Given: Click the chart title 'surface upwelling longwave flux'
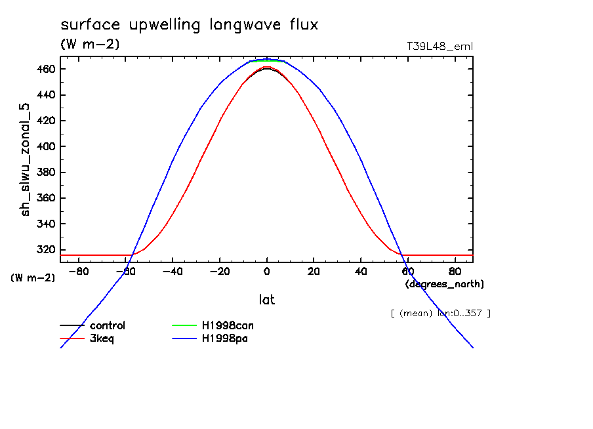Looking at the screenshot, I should point(189,26).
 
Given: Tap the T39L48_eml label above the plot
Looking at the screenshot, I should point(440,47).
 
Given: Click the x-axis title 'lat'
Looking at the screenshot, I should point(267,300).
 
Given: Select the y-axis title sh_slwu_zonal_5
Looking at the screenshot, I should point(26,165).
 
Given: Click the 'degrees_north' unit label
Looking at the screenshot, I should point(445,284).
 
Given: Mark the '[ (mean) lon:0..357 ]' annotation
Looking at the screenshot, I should point(440,313).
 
